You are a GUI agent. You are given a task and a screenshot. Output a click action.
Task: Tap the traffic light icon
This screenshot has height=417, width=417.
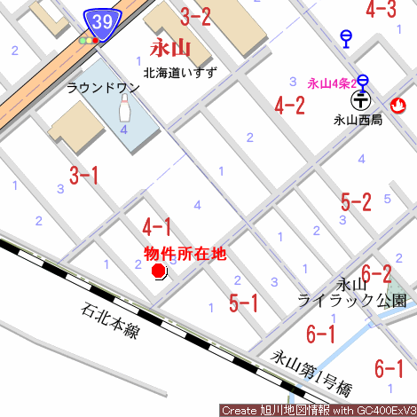[x=89, y=41]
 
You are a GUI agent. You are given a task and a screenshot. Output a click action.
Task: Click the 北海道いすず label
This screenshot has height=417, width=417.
[x=180, y=71]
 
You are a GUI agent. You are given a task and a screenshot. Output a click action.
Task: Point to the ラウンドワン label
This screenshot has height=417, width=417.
[x=97, y=88]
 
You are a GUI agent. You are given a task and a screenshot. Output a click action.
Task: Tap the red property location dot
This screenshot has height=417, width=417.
[x=159, y=271]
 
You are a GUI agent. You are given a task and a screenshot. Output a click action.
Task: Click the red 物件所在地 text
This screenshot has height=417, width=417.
[x=185, y=254]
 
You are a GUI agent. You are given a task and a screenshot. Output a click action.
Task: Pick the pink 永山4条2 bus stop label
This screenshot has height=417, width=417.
[x=332, y=83]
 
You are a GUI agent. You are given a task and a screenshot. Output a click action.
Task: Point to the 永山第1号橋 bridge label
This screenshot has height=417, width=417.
[x=311, y=373]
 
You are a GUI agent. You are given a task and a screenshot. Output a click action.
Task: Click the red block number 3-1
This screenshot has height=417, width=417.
[x=83, y=175]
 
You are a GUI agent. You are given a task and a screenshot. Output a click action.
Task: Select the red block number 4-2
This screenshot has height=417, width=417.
[x=289, y=106]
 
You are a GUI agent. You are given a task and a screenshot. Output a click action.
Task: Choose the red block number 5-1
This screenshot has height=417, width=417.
[x=243, y=303]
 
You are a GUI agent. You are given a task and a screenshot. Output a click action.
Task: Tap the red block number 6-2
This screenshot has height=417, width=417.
[x=376, y=272]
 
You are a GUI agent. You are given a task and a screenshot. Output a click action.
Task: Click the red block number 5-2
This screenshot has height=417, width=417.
[x=355, y=201]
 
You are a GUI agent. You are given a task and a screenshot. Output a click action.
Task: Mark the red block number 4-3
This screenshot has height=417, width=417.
[x=381, y=10]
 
